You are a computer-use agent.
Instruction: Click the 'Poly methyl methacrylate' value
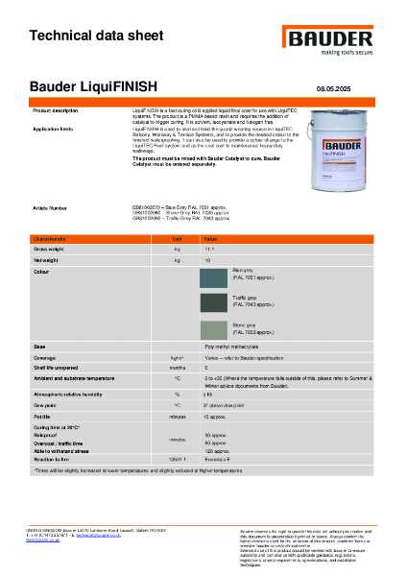231,346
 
